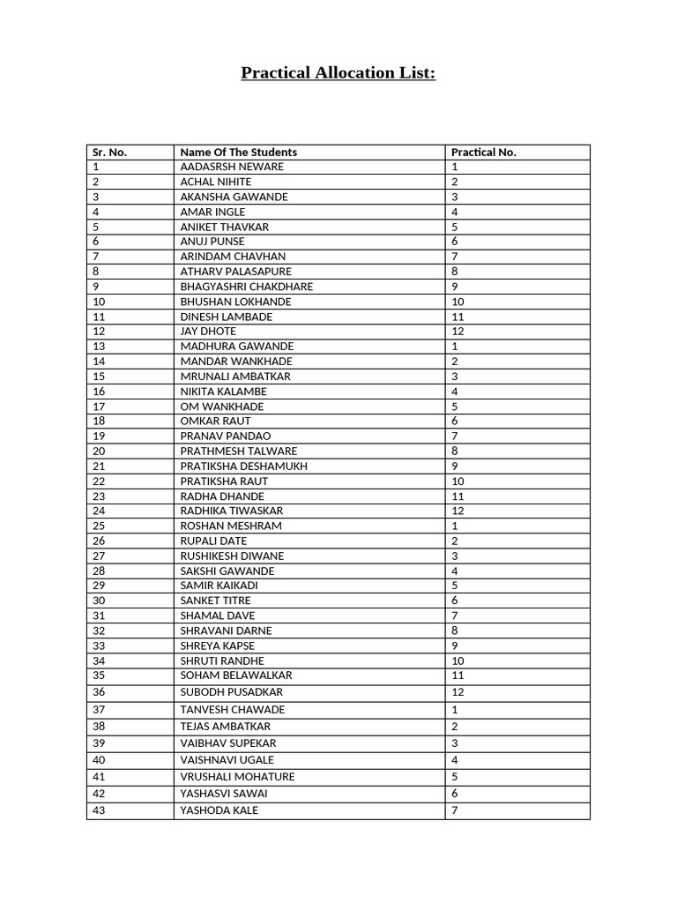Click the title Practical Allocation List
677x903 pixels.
[338, 72]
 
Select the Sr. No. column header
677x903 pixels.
[109, 152]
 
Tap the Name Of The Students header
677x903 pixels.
[238, 152]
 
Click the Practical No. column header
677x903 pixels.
[483, 152]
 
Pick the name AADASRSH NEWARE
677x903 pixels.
[232, 167]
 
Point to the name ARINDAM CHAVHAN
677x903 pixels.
[233, 257]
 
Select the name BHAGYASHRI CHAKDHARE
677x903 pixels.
[246, 287]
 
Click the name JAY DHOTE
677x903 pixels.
[208, 332]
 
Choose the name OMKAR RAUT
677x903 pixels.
[215, 422]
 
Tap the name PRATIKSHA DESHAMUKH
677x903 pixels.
[243, 466]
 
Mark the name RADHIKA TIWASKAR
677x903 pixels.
[232, 511]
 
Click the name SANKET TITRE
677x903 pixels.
[215, 601]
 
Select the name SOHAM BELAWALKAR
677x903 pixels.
[235, 675]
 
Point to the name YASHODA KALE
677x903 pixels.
[219, 810]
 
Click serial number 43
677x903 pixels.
[98, 810]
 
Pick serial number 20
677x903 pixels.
[98, 451]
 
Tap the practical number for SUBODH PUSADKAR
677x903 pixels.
[458, 692]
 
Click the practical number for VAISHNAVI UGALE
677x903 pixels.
[455, 760]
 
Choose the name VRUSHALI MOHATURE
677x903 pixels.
[237, 777]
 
